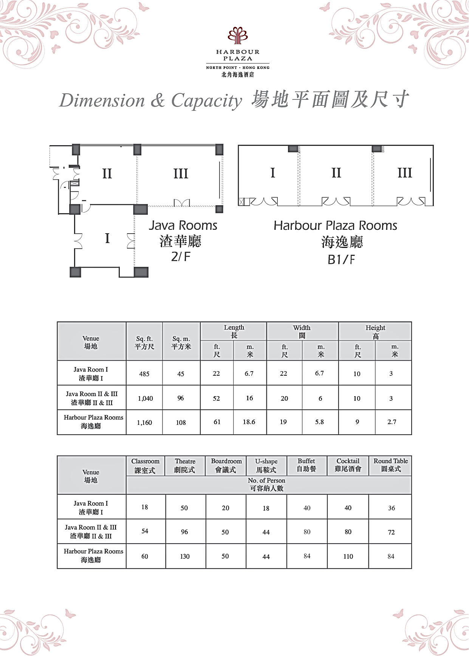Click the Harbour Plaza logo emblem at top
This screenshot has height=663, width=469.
(237, 35)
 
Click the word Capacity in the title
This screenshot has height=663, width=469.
(206, 101)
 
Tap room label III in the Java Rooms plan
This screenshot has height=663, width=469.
(181, 174)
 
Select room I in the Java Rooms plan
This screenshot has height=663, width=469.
(107, 239)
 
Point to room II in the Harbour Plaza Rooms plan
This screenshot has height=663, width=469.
(336, 173)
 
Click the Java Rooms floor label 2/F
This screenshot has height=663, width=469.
(181, 257)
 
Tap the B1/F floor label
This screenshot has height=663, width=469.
(341, 260)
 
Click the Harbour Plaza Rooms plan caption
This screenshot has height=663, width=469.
(335, 226)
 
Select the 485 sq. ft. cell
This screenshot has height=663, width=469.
(144, 374)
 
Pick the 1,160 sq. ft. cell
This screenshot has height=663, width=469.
(144, 423)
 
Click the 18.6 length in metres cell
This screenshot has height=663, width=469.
(249, 422)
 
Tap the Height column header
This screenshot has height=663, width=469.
(375, 331)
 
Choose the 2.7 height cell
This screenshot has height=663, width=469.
(392, 422)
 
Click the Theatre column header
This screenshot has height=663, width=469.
(185, 465)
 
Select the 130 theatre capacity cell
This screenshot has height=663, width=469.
(185, 556)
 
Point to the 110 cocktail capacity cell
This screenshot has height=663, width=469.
(348, 556)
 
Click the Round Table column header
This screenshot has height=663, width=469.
(391, 465)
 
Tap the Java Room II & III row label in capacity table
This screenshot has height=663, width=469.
(91, 531)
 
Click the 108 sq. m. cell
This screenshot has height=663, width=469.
(181, 423)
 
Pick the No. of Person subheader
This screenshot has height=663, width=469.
(266, 484)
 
